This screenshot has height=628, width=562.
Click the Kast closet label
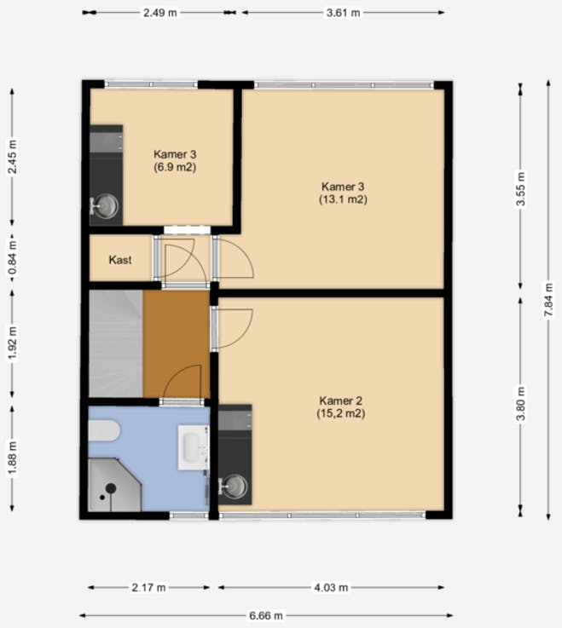click(x=120, y=260)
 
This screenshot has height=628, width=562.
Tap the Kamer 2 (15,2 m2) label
click(x=341, y=407)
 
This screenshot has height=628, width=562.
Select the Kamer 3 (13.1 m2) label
click(x=343, y=193)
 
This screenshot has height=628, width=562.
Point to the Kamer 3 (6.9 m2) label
click(x=175, y=160)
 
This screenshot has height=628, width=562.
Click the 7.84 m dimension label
click(x=548, y=300)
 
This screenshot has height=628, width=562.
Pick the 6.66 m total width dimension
click(x=266, y=615)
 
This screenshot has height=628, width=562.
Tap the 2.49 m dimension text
click(x=160, y=13)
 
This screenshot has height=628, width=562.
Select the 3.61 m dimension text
click(x=343, y=13)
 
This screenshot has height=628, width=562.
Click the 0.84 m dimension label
click(x=13, y=258)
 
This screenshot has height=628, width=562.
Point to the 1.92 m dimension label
click(x=13, y=344)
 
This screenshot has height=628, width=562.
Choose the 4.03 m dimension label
click(x=331, y=588)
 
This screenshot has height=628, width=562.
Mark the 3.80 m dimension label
click(x=520, y=404)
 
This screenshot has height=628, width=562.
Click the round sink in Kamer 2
click(x=235, y=487)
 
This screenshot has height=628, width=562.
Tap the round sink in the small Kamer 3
click(x=105, y=206)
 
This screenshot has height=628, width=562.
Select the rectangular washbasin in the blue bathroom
click(x=194, y=447)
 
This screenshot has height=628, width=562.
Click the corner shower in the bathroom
click(x=114, y=485)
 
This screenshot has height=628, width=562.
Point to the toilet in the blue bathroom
click(x=104, y=430)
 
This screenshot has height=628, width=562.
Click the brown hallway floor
click(x=177, y=344)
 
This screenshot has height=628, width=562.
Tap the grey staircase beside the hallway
click(x=115, y=344)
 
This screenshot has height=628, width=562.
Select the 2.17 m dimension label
click(x=148, y=588)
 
